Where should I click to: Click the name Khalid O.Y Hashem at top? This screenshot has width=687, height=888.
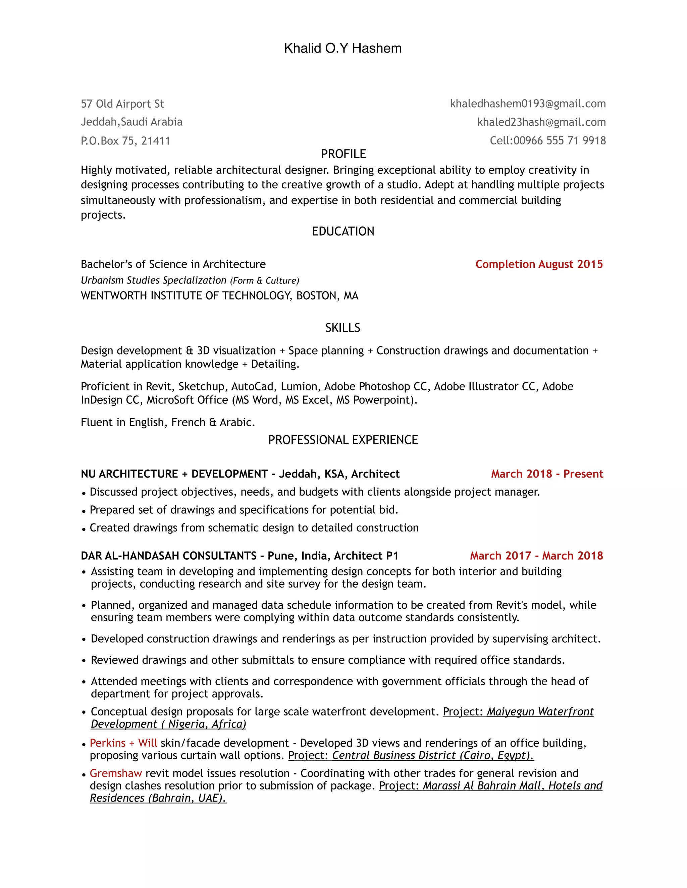pos(343,48)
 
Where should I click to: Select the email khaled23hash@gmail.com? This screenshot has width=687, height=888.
pos(541,122)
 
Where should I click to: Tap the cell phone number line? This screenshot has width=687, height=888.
pos(547,141)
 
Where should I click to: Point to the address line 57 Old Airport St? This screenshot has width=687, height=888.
pos(122,104)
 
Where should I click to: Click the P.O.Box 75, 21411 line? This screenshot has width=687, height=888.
pos(125,141)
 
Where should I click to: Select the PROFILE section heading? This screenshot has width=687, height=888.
pos(343,154)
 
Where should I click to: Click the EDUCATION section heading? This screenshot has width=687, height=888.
pos(343,231)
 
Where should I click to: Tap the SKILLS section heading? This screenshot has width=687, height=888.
pos(343,328)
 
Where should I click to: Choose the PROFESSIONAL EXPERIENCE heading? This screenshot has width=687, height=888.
pos(343,440)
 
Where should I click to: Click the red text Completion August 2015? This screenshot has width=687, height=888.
pos(539,264)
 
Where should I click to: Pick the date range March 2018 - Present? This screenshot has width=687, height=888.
pos(547,474)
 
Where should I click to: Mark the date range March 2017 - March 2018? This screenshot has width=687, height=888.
pos(536,556)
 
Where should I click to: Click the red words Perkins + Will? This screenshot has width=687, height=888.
pos(123,743)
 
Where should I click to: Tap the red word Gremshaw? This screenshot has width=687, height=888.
pos(116,773)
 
